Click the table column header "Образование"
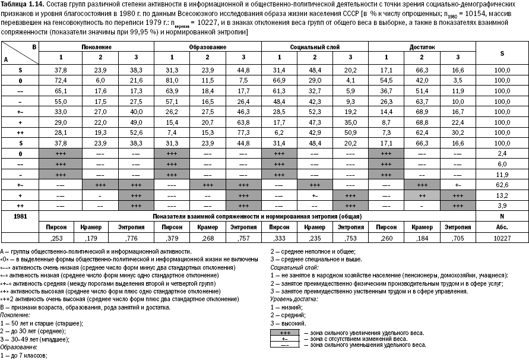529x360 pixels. point(207,46)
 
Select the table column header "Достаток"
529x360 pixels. point(422,46)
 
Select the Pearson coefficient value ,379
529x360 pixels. point(172,238)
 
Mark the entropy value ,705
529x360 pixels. point(458,238)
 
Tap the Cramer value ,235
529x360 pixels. point(315,238)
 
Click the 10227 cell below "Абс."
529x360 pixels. point(502,238)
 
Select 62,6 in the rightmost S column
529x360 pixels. point(502,185)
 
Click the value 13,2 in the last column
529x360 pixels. point(502,194)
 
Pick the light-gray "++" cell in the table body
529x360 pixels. point(422,194)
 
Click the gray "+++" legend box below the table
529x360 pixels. point(284,333)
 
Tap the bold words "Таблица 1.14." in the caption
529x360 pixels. point(20,4)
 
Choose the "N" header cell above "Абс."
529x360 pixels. point(502,216)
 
